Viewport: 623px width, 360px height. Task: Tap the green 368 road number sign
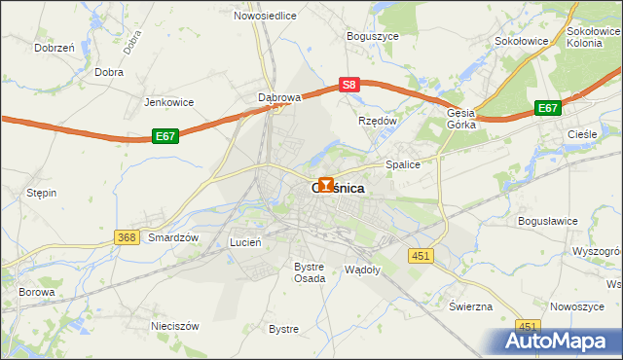pos(125,237)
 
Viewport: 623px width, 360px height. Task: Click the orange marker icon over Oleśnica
pos(325,183)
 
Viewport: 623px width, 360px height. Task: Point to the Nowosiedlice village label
pos(266,16)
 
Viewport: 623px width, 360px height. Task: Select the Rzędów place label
pos(378,121)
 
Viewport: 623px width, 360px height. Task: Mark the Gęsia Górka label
pos(460,119)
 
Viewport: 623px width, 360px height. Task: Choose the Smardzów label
pos(173,237)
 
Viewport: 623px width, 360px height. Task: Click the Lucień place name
pos(244,241)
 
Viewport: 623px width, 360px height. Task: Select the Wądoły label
pos(362,269)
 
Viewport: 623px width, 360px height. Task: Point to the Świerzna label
pos(470,306)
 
